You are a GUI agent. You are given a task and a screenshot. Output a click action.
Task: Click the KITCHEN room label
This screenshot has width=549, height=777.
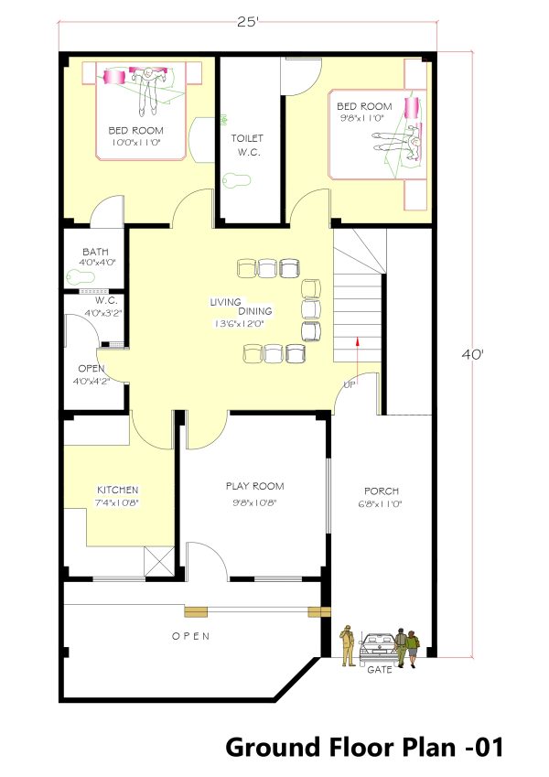[117, 490]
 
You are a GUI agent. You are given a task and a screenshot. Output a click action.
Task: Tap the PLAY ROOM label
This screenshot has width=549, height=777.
[254, 486]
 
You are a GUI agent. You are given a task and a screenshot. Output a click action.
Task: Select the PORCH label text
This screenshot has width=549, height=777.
[382, 491]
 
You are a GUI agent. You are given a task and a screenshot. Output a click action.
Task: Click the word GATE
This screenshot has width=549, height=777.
[380, 670]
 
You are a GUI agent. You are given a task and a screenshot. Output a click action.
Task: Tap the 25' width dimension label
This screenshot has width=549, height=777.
[248, 22]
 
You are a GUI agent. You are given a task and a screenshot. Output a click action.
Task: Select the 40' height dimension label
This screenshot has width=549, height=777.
[473, 355]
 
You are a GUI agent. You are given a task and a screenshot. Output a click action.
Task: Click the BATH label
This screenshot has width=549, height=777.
[96, 253]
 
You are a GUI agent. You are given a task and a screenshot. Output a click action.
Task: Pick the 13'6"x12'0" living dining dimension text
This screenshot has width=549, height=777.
[239, 324]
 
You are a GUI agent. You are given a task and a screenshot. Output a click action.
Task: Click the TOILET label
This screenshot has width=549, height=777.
[247, 138]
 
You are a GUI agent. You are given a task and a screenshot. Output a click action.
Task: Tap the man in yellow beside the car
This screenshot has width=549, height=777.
[348, 645]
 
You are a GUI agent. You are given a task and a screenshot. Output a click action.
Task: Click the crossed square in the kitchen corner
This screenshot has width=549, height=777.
[158, 562]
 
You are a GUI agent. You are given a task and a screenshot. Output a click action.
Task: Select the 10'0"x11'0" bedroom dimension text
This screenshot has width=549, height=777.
[136, 143]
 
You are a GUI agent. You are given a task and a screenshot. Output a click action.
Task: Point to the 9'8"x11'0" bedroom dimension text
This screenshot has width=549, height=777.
[362, 118]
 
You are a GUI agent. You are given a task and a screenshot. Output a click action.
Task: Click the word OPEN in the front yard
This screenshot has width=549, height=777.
[190, 636]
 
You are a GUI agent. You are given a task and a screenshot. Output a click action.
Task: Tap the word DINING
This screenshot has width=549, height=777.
[255, 311]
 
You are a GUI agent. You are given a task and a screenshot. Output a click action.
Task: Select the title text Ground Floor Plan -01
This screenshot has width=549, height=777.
[365, 747]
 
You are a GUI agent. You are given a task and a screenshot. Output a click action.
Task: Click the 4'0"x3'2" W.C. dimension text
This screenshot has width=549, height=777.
[103, 313]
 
